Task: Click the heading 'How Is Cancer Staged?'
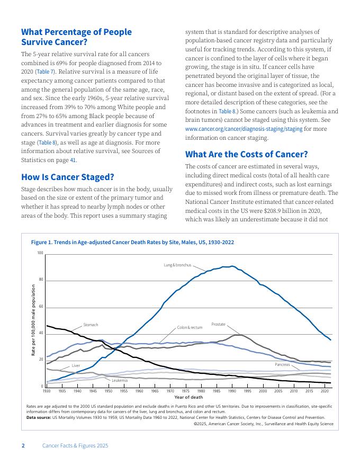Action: [67, 177]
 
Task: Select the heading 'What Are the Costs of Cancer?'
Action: [246, 154]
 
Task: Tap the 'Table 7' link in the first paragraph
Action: [45, 71]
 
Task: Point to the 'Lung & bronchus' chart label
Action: [177, 264]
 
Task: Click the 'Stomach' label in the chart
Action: [91, 325]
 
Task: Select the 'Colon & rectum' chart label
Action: [190, 328]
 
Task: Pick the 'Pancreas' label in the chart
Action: [282, 365]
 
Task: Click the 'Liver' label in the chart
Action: [76, 366]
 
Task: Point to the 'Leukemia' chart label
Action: [119, 380]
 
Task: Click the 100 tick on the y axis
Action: [40, 253]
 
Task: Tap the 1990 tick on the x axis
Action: [232, 391]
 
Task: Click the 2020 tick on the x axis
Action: [325, 391]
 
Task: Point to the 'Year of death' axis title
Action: [188, 397]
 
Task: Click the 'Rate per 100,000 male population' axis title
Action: [33, 320]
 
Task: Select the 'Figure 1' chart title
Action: [132, 242]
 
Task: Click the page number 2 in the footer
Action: [23, 446]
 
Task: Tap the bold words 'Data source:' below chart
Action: [38, 417]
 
